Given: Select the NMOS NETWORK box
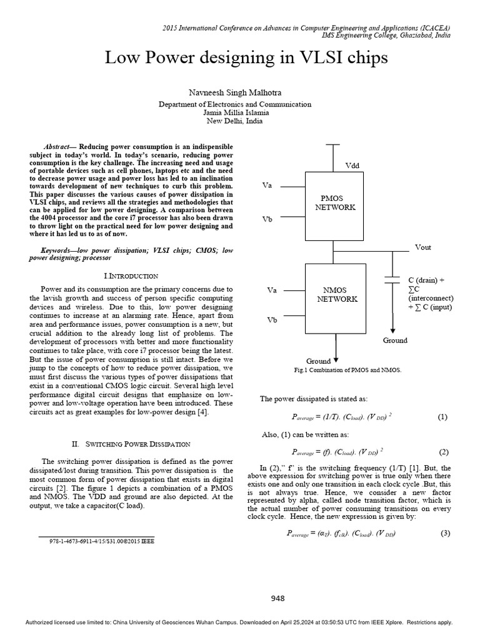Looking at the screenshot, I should (336, 295).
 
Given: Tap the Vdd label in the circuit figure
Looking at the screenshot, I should (352, 165).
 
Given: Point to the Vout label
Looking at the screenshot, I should (423, 247).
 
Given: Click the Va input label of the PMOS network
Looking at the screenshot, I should (266, 186).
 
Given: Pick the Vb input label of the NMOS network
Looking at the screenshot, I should (271, 320).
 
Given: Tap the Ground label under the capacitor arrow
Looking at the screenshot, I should (394, 341).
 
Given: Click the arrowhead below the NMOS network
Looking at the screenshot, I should (337, 360).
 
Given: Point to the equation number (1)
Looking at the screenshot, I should (443, 417).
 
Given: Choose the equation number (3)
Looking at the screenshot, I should (445, 533).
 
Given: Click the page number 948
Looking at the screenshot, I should (277, 598).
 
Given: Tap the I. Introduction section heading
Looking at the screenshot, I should (131, 275).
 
